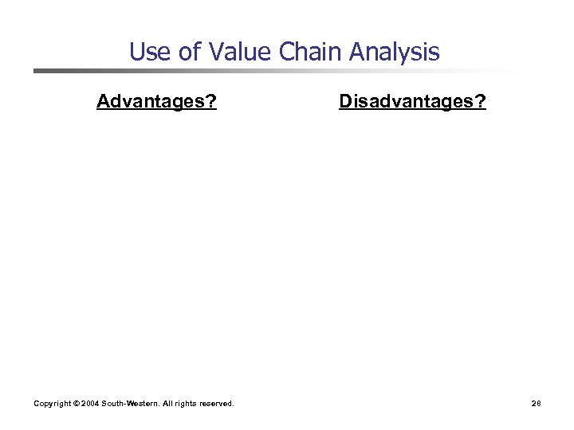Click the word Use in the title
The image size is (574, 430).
click(146, 53)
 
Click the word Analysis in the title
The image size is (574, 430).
click(396, 53)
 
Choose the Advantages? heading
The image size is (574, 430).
click(156, 102)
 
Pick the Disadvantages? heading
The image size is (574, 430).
click(412, 102)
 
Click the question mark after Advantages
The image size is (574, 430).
click(211, 102)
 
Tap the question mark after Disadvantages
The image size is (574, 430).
click(481, 102)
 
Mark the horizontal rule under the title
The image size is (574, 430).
click(279, 71)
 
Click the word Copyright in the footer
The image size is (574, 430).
click(52, 404)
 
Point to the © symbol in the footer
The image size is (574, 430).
click(76, 404)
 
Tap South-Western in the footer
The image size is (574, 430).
click(132, 404)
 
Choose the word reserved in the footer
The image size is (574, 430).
click(218, 404)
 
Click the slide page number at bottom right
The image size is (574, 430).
click(537, 404)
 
